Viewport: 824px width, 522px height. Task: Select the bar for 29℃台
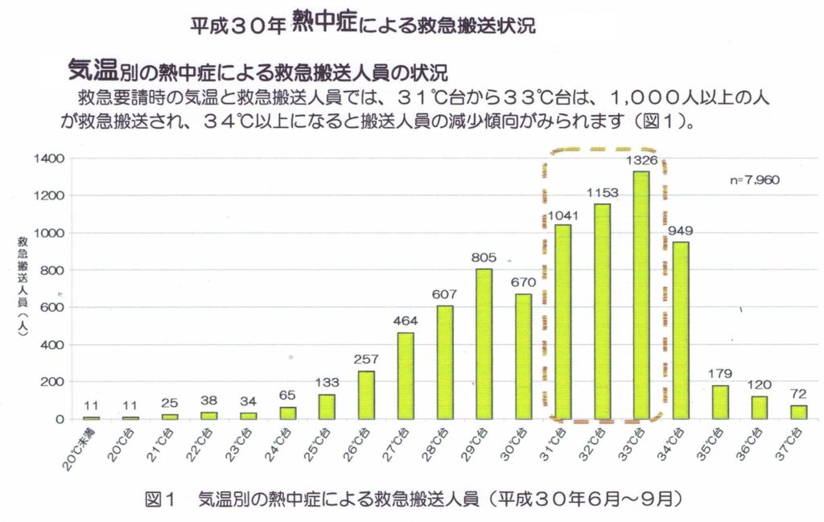[484, 343]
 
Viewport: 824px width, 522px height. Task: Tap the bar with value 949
[680, 330]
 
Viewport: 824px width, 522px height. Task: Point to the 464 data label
[405, 321]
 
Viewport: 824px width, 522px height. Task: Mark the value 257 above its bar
[365, 359]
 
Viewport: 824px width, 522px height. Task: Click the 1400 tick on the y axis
[44, 158]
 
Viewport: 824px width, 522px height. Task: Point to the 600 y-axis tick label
[47, 307]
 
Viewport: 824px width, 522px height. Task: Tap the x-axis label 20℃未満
[80, 447]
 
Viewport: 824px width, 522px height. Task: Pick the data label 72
[797, 393]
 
